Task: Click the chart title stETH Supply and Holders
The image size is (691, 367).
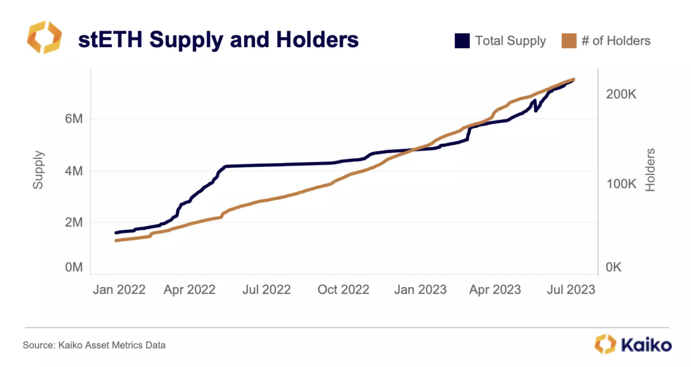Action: (x=218, y=40)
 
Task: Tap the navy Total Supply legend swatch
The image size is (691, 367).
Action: (x=462, y=41)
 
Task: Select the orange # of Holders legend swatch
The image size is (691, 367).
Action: (x=569, y=41)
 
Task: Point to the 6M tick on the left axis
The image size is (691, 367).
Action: (x=74, y=119)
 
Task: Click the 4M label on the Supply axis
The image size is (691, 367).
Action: (x=74, y=171)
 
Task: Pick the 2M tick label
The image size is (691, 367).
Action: (x=74, y=222)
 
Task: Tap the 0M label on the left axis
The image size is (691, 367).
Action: (x=74, y=267)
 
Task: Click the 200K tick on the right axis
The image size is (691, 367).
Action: (x=621, y=94)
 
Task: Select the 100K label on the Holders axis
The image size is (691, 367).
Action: (x=621, y=183)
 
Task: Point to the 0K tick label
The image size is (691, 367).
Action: (x=613, y=267)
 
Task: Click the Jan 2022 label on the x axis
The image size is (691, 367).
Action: (x=119, y=289)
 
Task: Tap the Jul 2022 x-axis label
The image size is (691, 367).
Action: (x=266, y=289)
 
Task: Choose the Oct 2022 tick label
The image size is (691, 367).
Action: (x=343, y=289)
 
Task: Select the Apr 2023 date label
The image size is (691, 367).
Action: (x=495, y=289)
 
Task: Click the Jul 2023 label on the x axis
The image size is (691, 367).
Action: (x=571, y=289)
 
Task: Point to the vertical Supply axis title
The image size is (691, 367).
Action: (x=38, y=170)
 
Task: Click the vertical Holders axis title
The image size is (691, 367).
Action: (x=650, y=170)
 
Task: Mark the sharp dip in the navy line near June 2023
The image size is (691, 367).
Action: (x=536, y=110)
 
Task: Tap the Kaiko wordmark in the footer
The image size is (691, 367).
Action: (x=646, y=345)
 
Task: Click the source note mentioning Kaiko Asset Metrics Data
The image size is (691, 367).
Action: (x=94, y=345)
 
